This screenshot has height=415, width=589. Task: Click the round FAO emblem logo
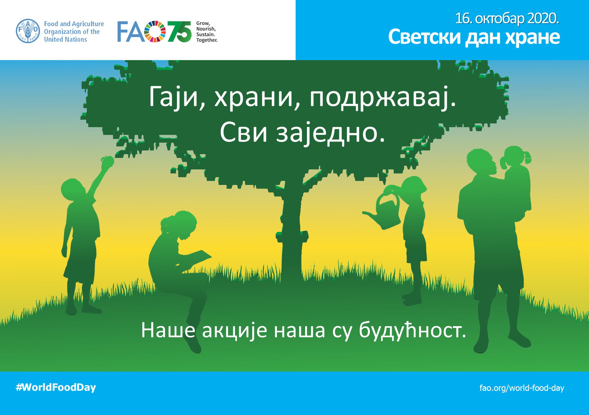click(28, 31)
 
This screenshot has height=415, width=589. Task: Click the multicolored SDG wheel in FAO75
click(155, 31)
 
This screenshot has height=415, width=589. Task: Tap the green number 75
click(180, 31)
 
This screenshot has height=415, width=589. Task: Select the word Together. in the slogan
click(207, 40)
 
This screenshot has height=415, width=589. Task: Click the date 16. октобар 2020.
click(507, 19)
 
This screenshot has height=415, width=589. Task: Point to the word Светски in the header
click(425, 37)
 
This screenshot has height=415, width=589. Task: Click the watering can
click(382, 211)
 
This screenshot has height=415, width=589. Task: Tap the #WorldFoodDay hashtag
click(56, 387)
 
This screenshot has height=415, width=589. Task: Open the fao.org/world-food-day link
click(522, 388)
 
